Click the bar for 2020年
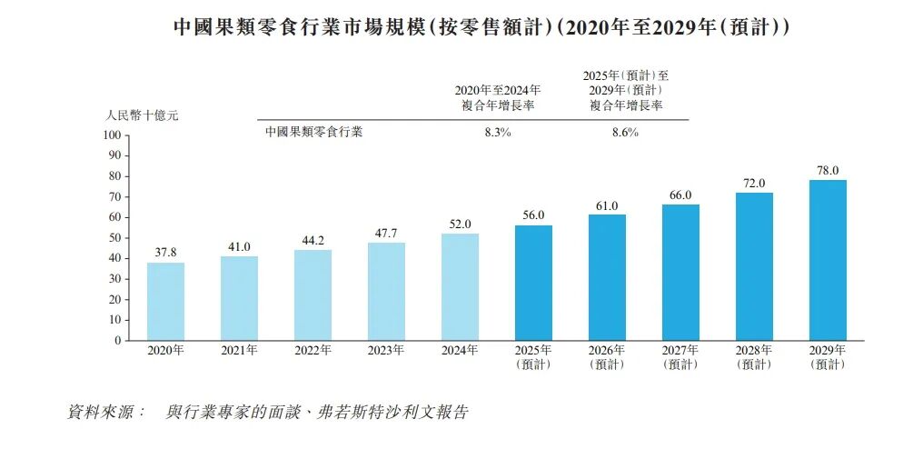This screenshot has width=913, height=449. coord(165,302)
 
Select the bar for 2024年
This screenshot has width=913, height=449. coord(460,287)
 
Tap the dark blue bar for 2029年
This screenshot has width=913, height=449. coord(828,260)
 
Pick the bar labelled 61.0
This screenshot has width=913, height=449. coord(608,278)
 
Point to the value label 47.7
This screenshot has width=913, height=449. coord(387,233)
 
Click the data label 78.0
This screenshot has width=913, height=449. coord(828,171)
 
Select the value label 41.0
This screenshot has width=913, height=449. coord(239,247)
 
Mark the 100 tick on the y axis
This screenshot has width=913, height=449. coord(113,135)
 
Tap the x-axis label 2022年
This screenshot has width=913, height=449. coord(313,351)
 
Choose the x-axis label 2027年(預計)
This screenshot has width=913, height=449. coord(680,357)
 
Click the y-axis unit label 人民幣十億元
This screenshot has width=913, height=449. coord(142,115)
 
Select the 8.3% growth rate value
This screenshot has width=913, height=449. coord(498,132)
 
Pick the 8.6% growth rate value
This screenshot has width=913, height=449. coord(625,132)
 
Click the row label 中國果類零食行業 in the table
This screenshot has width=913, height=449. coord(313,132)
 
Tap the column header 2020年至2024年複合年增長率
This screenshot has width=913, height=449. coord(498,98)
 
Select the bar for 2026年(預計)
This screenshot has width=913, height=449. coord(608,278)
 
